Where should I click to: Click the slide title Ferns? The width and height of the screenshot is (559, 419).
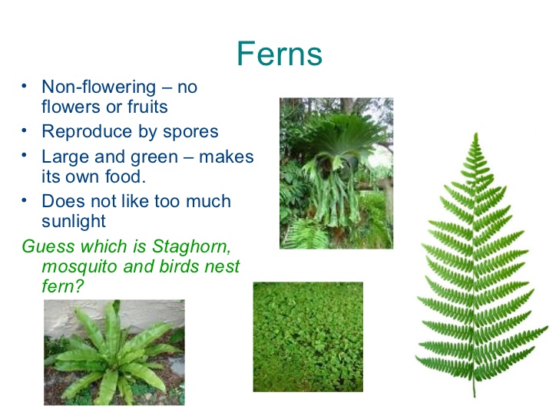(x=279, y=54)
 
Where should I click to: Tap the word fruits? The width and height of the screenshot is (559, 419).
(x=141, y=107)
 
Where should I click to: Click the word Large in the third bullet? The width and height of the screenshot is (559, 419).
(x=64, y=157)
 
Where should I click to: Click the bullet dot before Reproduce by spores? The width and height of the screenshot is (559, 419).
(x=25, y=130)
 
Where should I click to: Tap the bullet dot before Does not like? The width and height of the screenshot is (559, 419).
(x=25, y=200)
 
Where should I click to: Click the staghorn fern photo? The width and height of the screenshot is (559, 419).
(x=336, y=172)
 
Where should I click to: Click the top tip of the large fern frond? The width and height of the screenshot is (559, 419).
(x=476, y=135)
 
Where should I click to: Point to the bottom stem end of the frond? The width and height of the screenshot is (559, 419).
(x=474, y=394)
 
